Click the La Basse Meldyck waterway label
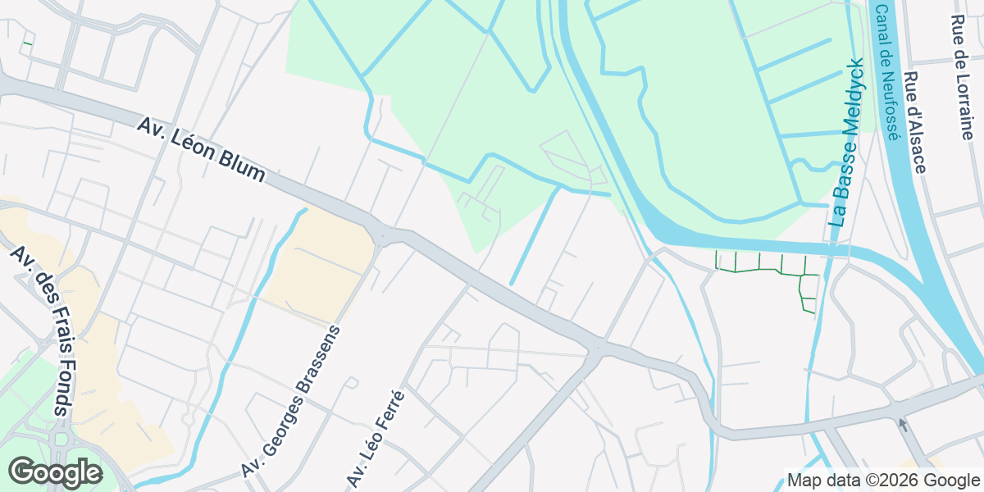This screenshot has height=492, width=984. [x=846, y=143]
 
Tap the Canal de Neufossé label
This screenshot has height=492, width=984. [x=887, y=73]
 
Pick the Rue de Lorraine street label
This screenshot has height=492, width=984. [x=962, y=77]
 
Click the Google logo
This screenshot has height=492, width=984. [x=55, y=473]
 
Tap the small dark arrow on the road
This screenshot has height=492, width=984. [x=904, y=424]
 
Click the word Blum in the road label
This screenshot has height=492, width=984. [x=239, y=164]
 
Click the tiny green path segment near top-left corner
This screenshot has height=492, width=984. [x=28, y=42]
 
